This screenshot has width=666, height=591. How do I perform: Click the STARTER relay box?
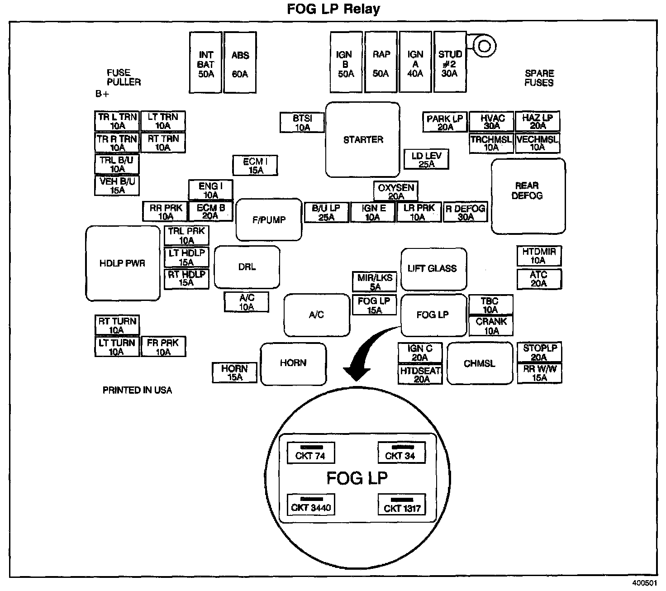tap(363, 139)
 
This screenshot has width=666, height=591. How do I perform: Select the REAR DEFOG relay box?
tap(528, 196)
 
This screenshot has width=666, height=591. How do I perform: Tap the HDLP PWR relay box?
tap(123, 263)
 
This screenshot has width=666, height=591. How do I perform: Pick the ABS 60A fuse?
tap(240, 62)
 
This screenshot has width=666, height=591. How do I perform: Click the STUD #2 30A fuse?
tap(450, 62)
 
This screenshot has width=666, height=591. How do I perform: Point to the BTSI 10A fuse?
tap(302, 123)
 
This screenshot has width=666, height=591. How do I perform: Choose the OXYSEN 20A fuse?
tap(396, 191)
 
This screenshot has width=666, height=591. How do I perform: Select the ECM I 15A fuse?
tap(255, 166)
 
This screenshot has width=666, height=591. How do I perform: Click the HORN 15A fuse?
tap(235, 372)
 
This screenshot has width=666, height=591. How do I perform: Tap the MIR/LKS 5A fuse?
tap(375, 282)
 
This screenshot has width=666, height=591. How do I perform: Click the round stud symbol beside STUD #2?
tap(484, 46)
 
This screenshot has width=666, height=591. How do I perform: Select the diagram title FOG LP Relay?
tap(333, 9)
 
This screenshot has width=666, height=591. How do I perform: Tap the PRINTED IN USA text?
tap(137, 390)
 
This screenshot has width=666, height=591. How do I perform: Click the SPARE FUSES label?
tap(539, 78)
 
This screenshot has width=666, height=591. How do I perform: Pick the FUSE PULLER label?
tap(124, 77)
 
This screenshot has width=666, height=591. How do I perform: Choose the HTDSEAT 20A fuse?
tap(420, 375)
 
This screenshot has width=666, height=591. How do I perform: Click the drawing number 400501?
tap(645, 584)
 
